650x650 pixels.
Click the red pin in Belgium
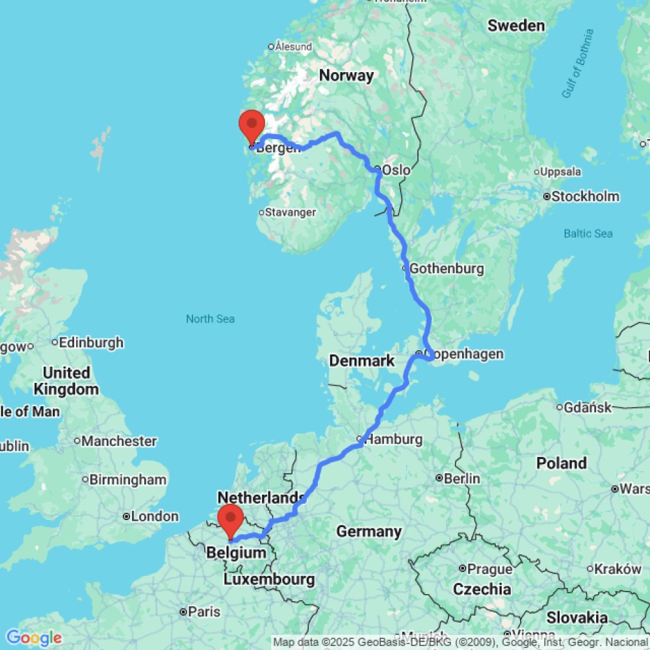pos(230,518)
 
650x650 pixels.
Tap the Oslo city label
pos(396,170)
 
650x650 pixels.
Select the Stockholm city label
pos(585,196)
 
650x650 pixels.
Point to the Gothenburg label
pos(447,268)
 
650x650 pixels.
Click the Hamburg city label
pos(393,440)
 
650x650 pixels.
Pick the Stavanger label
pos(290,213)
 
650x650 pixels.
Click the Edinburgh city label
pos(90,342)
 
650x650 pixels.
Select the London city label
pos(155,517)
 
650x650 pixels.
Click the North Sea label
pos(210,318)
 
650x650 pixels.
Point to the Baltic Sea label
pos(588,233)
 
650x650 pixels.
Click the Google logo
pos(34,638)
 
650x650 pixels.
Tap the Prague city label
pos(489,569)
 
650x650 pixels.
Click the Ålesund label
pos(293,47)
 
